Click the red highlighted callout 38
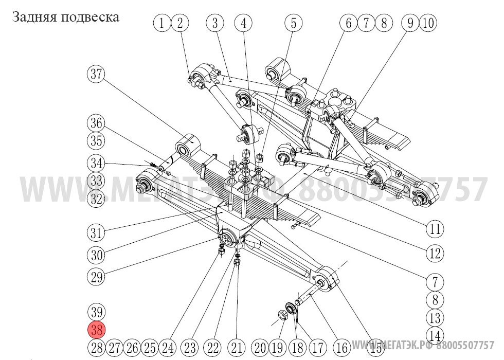[96, 330]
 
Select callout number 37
[95, 75]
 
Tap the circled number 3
[215, 23]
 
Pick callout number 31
[96, 232]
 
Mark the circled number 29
[96, 278]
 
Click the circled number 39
[96, 312]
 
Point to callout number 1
[163, 23]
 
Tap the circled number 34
[96, 164]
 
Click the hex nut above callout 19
[282, 314]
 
